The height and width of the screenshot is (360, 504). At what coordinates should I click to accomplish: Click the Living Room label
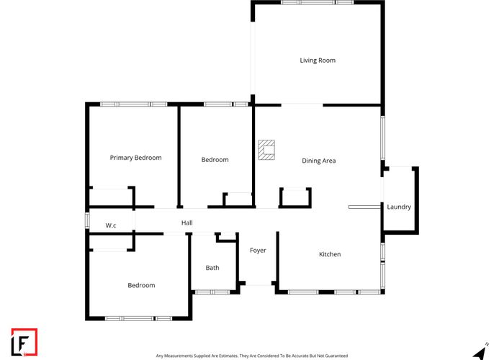click(x=318, y=60)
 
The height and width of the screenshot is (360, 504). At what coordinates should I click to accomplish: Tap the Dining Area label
click(x=318, y=161)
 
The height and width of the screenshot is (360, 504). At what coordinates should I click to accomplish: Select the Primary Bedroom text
click(x=135, y=158)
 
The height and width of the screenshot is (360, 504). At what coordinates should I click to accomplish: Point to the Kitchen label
click(x=330, y=254)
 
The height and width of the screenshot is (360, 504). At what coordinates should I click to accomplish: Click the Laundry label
click(x=399, y=207)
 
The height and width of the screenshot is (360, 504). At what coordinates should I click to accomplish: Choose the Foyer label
click(x=258, y=251)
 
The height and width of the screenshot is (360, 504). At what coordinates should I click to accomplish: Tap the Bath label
click(x=212, y=268)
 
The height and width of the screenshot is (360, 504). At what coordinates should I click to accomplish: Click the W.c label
click(x=111, y=225)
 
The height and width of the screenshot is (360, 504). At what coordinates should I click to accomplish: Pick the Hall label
click(x=187, y=223)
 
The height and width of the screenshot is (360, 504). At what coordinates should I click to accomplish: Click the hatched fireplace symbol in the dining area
click(x=266, y=149)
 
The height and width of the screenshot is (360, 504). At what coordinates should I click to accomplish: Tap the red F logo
click(x=24, y=342)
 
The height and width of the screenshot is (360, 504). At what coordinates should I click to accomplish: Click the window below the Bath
click(x=212, y=292)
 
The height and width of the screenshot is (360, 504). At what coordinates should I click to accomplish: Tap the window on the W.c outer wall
click(x=87, y=218)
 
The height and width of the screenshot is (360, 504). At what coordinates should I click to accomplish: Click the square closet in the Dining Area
click(x=295, y=197)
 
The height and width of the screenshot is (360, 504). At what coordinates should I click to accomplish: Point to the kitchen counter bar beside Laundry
click(x=363, y=207)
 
